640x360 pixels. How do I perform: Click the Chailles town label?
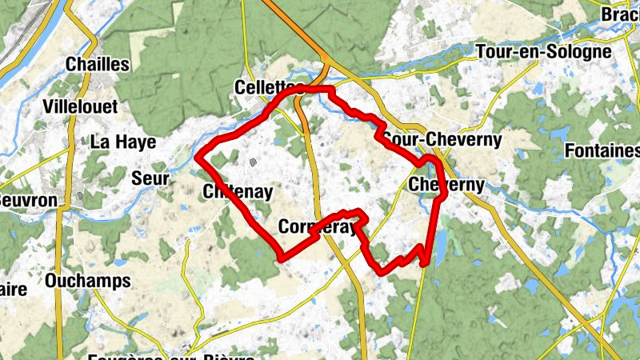tap(98, 64)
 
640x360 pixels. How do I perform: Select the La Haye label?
tap(122, 142)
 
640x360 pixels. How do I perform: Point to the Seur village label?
tap(150, 178)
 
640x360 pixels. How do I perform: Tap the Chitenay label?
tap(238, 192)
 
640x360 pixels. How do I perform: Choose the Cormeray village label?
tap(316, 228)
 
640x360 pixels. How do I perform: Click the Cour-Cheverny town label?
tap(442, 140)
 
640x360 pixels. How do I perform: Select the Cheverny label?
tap(446, 186)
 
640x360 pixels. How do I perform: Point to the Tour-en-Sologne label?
tap(543, 52)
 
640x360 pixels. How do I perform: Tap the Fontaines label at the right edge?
tap(602, 151)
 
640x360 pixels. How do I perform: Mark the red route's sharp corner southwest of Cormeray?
tap(281, 257)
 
